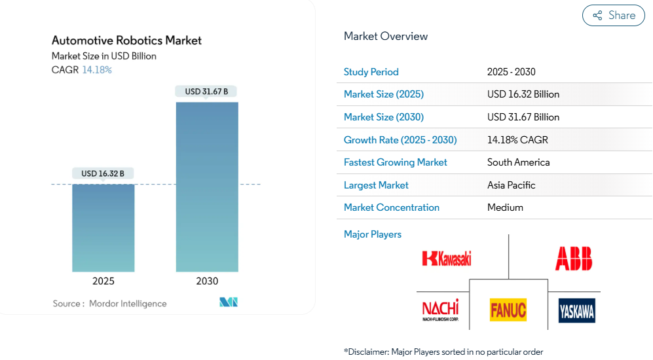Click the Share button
[614, 16]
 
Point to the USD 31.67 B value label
[206, 92]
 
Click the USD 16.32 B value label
[103, 173]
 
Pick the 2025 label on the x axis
[103, 281]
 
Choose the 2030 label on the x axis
[207, 281]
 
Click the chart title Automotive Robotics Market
[126, 41]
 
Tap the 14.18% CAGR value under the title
[97, 70]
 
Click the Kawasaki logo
[447, 258]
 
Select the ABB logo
[574, 258]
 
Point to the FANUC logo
[508, 310]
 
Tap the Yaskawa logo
[576, 310]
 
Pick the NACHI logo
[440, 310]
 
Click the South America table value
[518, 162]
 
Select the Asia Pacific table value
[511, 185]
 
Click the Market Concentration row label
[392, 207]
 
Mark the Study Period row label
[371, 72]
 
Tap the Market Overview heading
[386, 37]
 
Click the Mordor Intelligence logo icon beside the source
[229, 302]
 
